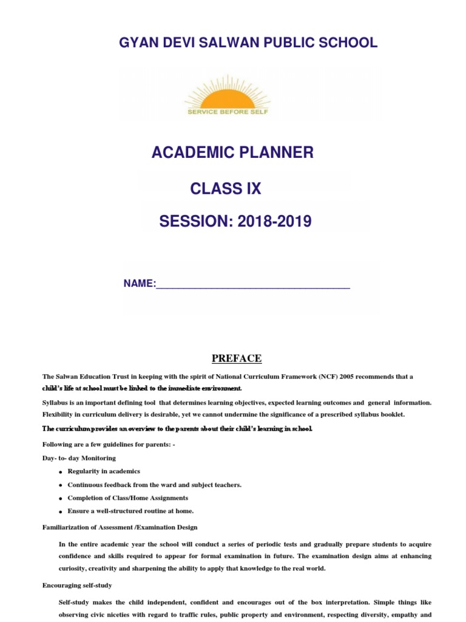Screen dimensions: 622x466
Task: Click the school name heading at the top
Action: point(239,43)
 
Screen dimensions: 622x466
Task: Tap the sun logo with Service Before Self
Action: point(227,95)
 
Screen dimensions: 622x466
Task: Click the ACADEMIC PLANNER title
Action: point(232,152)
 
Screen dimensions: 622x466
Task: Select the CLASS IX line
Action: point(226,189)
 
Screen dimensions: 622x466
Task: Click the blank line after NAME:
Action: point(253,284)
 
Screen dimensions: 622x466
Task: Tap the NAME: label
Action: point(140,284)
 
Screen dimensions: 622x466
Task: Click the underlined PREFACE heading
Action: point(237,358)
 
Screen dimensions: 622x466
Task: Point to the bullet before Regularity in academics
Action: point(61,473)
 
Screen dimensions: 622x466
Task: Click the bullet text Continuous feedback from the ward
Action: point(154,485)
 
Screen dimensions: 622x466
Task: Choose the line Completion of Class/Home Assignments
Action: point(127,498)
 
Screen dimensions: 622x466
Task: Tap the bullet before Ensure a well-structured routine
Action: point(61,512)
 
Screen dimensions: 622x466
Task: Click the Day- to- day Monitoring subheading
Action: point(79,458)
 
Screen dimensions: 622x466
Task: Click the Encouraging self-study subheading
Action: point(77,586)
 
